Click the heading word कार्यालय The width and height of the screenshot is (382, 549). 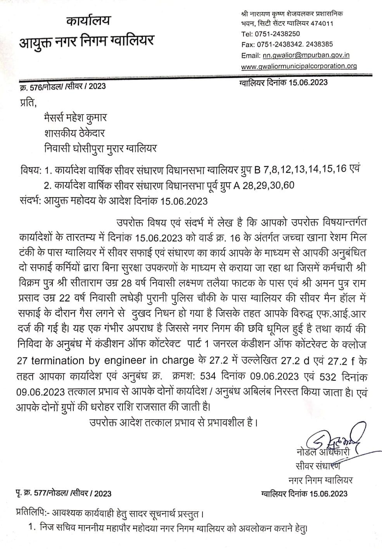click(x=88, y=21)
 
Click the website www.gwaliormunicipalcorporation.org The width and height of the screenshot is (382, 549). click(x=299, y=66)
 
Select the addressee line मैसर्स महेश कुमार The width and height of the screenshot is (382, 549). click(x=75, y=117)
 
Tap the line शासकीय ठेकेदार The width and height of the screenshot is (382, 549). click(x=74, y=133)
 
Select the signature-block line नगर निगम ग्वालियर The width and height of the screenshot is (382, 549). click(x=321, y=480)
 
